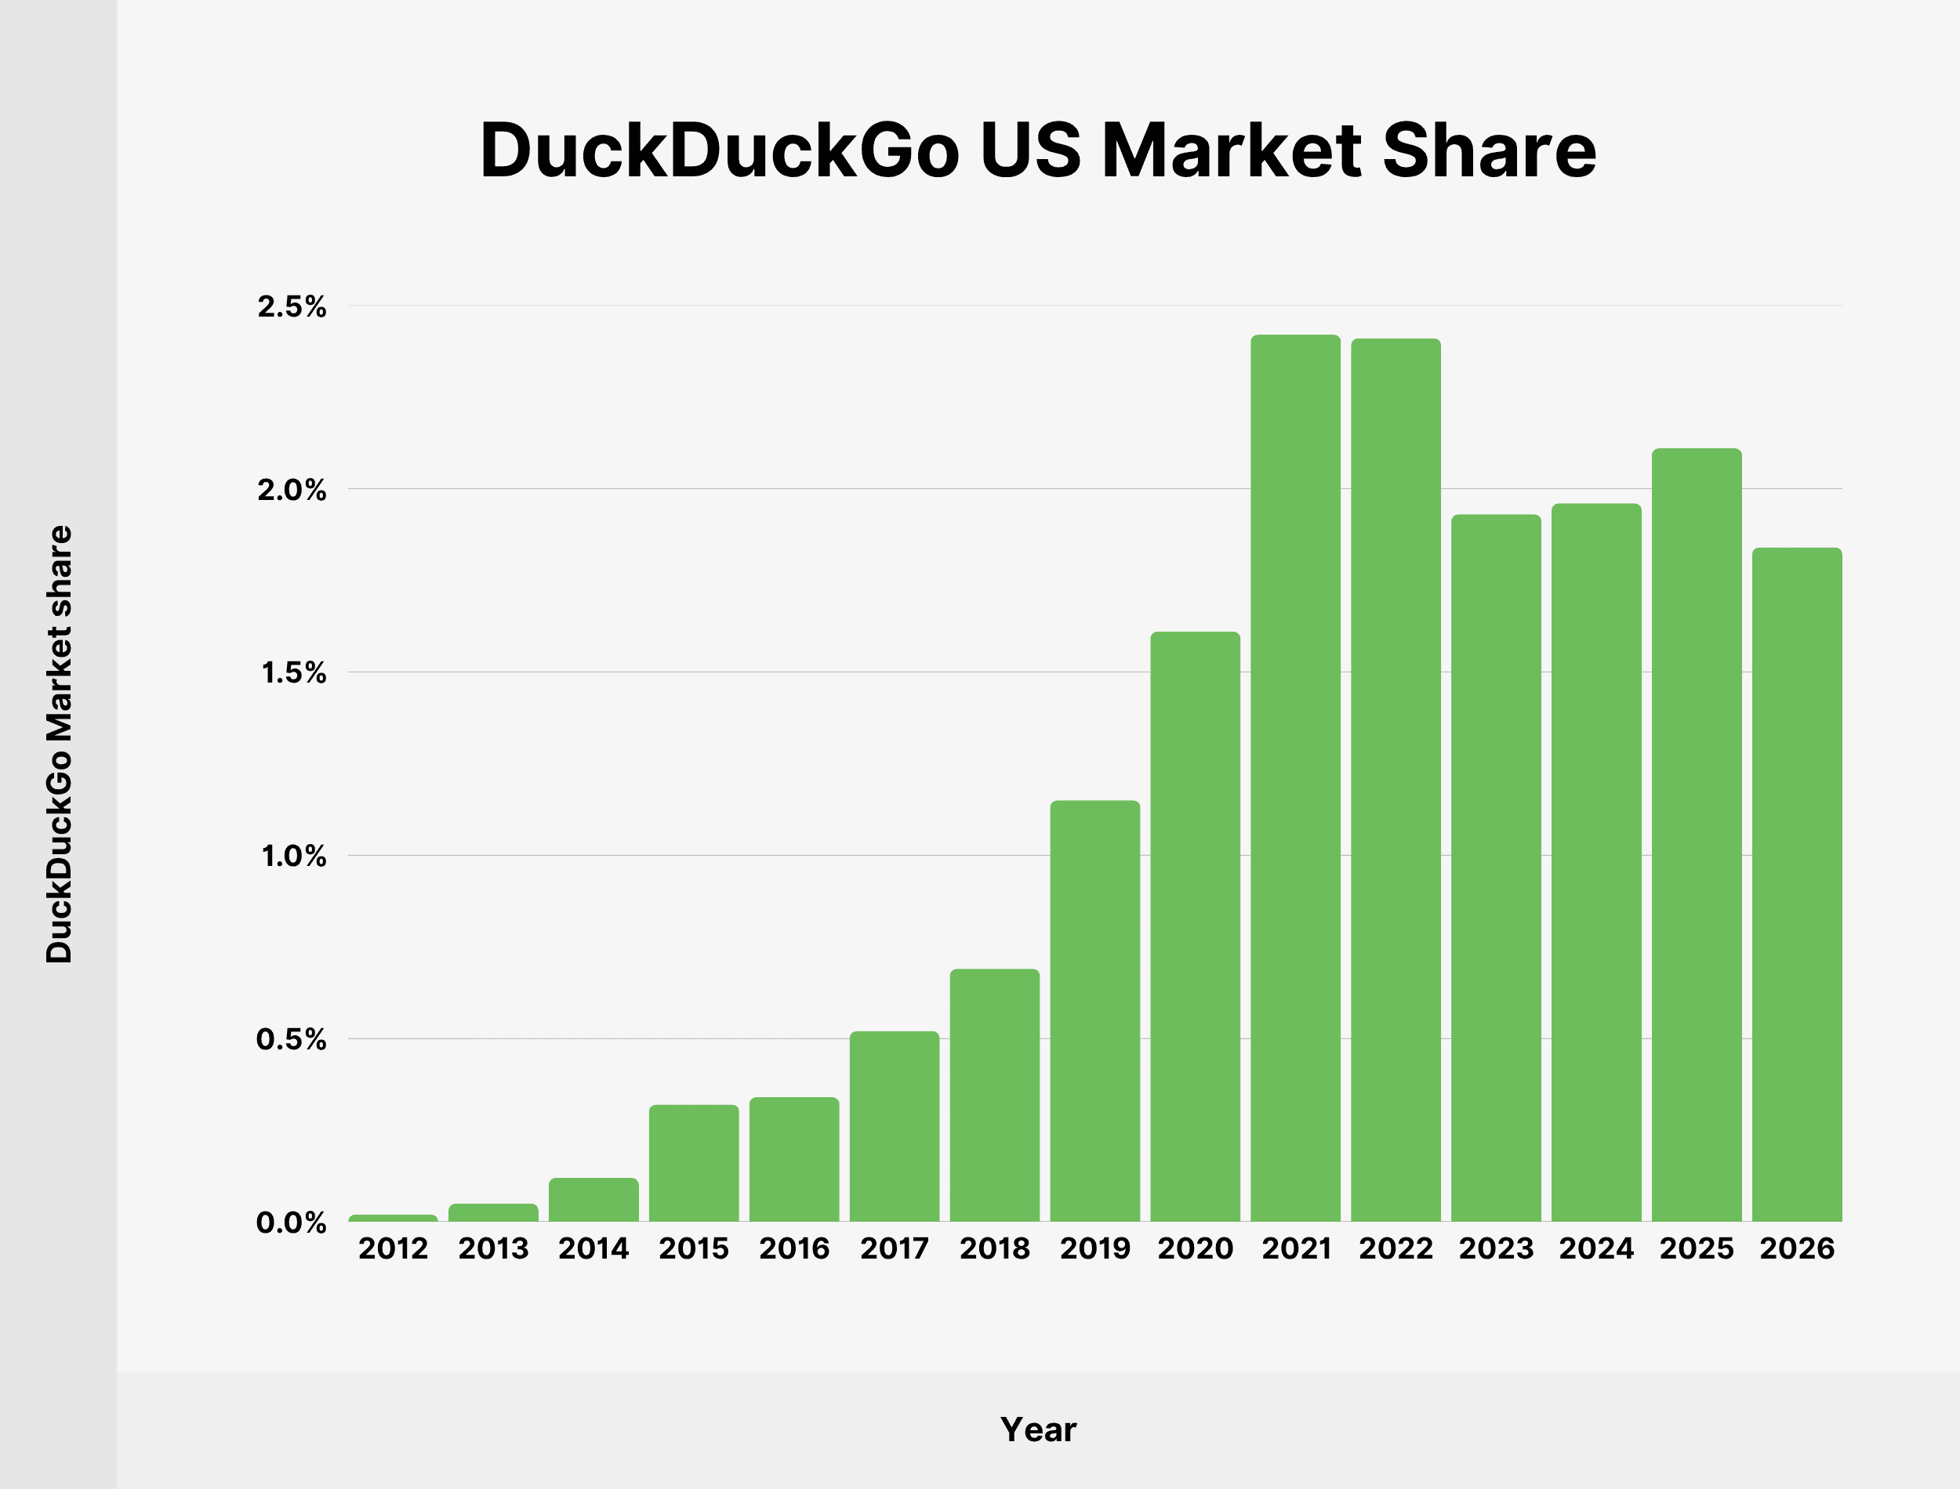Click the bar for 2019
[1094, 1010]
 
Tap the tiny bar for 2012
[393, 1218]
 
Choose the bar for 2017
[895, 1125]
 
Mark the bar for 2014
[593, 1199]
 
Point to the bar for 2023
[1496, 868]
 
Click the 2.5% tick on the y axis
[292, 306]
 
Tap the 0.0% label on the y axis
[292, 1223]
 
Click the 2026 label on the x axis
[1797, 1248]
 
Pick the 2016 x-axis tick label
[794, 1248]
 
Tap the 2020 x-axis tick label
[1195, 1248]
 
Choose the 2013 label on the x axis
[493, 1248]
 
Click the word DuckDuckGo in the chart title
[719, 150]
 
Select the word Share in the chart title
[1490, 150]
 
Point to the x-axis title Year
[1038, 1429]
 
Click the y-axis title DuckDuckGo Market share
[60, 744]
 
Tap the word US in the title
[1031, 150]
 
